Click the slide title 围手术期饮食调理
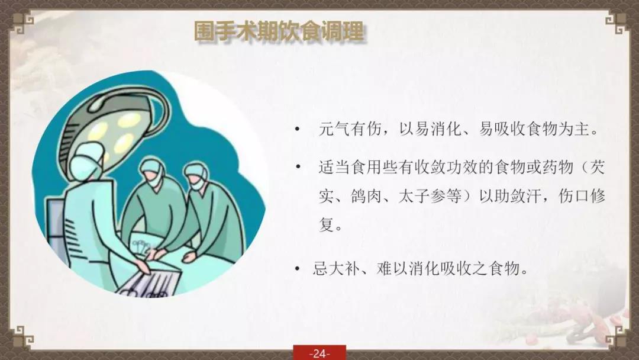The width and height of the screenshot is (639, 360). (x=279, y=31)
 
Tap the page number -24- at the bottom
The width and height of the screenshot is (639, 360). (x=319, y=353)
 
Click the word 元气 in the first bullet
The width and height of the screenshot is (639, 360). (x=334, y=129)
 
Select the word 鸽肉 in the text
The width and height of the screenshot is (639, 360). (x=366, y=196)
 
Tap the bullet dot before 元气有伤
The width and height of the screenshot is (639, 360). (x=297, y=130)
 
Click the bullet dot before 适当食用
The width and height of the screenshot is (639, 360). (x=298, y=167)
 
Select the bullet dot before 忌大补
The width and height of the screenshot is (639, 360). (x=297, y=269)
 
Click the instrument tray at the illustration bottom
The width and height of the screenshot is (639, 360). (x=149, y=281)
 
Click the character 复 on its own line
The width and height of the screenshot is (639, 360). (x=327, y=224)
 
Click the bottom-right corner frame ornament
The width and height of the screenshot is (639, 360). (x=616, y=336)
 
